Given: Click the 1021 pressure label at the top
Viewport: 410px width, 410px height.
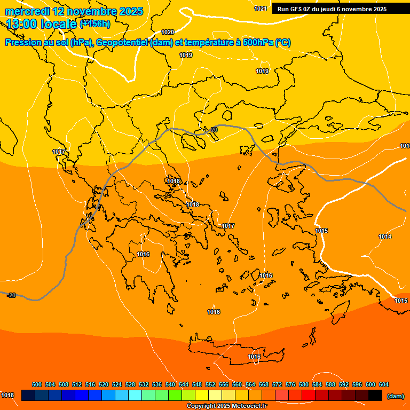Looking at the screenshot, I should click(261, 9).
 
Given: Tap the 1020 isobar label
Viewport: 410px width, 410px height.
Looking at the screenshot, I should click(168, 32).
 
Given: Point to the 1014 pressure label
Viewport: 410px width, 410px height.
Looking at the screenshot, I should click(385, 236).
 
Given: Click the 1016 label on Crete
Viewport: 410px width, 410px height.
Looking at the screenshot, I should click(254, 357).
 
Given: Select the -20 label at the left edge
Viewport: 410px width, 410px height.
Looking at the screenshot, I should click(11, 295).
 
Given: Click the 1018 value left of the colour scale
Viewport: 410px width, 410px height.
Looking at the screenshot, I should click(7, 395).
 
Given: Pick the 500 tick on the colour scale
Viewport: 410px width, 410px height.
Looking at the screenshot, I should click(37, 384).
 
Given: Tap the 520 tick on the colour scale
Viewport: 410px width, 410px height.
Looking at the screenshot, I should click(104, 384).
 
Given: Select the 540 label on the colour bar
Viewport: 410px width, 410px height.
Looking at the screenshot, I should click(170, 384).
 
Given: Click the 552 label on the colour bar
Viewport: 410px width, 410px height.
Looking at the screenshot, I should click(210, 384).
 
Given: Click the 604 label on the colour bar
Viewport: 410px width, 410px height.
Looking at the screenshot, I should click(384, 384).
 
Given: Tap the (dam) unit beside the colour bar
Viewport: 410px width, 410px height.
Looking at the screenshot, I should click(395, 396).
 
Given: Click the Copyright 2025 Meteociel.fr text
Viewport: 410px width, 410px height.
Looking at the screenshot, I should click(226, 406).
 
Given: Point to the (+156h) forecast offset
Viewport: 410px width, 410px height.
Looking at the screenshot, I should click(96, 23).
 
